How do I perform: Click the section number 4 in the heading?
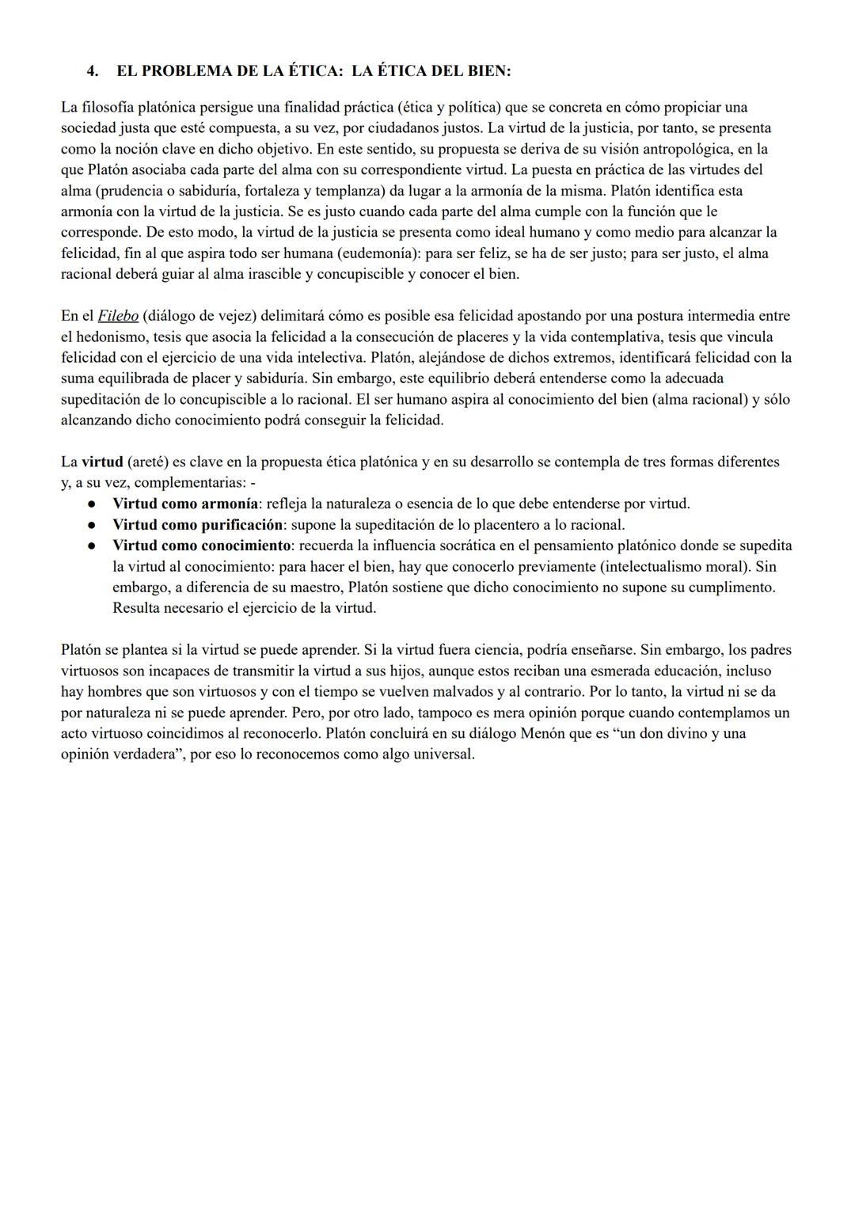click(93, 71)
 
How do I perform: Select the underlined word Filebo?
click(118, 316)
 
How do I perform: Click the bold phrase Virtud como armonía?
click(185, 504)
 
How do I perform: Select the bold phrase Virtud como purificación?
click(197, 525)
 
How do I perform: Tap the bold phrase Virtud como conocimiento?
click(202, 546)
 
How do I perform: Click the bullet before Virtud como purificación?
click(93, 525)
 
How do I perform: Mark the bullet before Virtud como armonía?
click(93, 504)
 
